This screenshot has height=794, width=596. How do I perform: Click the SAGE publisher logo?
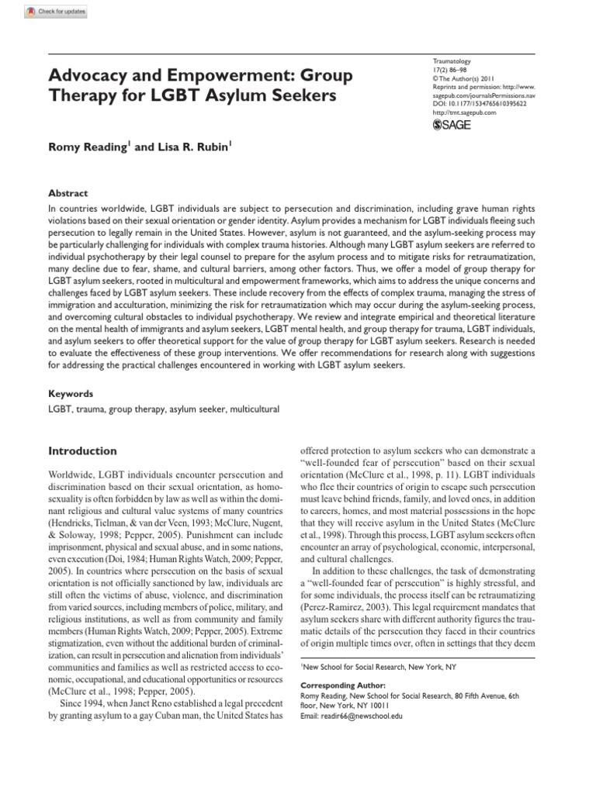point(452,123)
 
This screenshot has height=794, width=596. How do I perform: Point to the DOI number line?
point(479,102)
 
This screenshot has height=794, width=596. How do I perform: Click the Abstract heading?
point(69,193)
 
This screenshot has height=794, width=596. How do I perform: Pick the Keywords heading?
point(71,393)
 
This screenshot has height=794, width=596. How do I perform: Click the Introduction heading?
point(83,451)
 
